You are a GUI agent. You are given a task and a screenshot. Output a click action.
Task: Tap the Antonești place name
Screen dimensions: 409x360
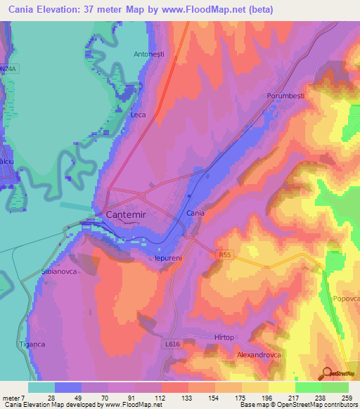(149, 53)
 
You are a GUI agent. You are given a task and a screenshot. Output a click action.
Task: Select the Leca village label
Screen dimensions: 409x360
(138, 114)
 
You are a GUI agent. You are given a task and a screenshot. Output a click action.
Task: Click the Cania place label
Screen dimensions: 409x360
(195, 212)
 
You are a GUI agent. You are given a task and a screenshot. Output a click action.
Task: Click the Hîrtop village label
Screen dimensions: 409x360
(224, 337)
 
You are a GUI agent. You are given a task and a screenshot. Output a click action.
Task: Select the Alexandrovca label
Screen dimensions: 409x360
(258, 355)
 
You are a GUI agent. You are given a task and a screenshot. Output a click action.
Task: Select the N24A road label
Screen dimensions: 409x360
(8, 69)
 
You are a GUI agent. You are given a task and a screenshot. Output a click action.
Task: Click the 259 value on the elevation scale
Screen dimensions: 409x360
(347, 398)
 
